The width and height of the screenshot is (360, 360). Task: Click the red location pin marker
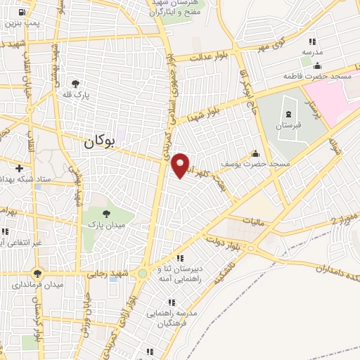pyautogui.click(x=181, y=165)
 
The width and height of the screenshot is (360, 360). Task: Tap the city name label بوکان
pyautogui.click(x=98, y=142)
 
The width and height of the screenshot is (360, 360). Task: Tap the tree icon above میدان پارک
pyautogui.click(x=106, y=213)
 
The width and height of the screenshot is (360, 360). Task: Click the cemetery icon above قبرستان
pyautogui.click(x=290, y=112)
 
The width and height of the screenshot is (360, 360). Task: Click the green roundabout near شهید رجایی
pyautogui.click(x=143, y=273)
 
